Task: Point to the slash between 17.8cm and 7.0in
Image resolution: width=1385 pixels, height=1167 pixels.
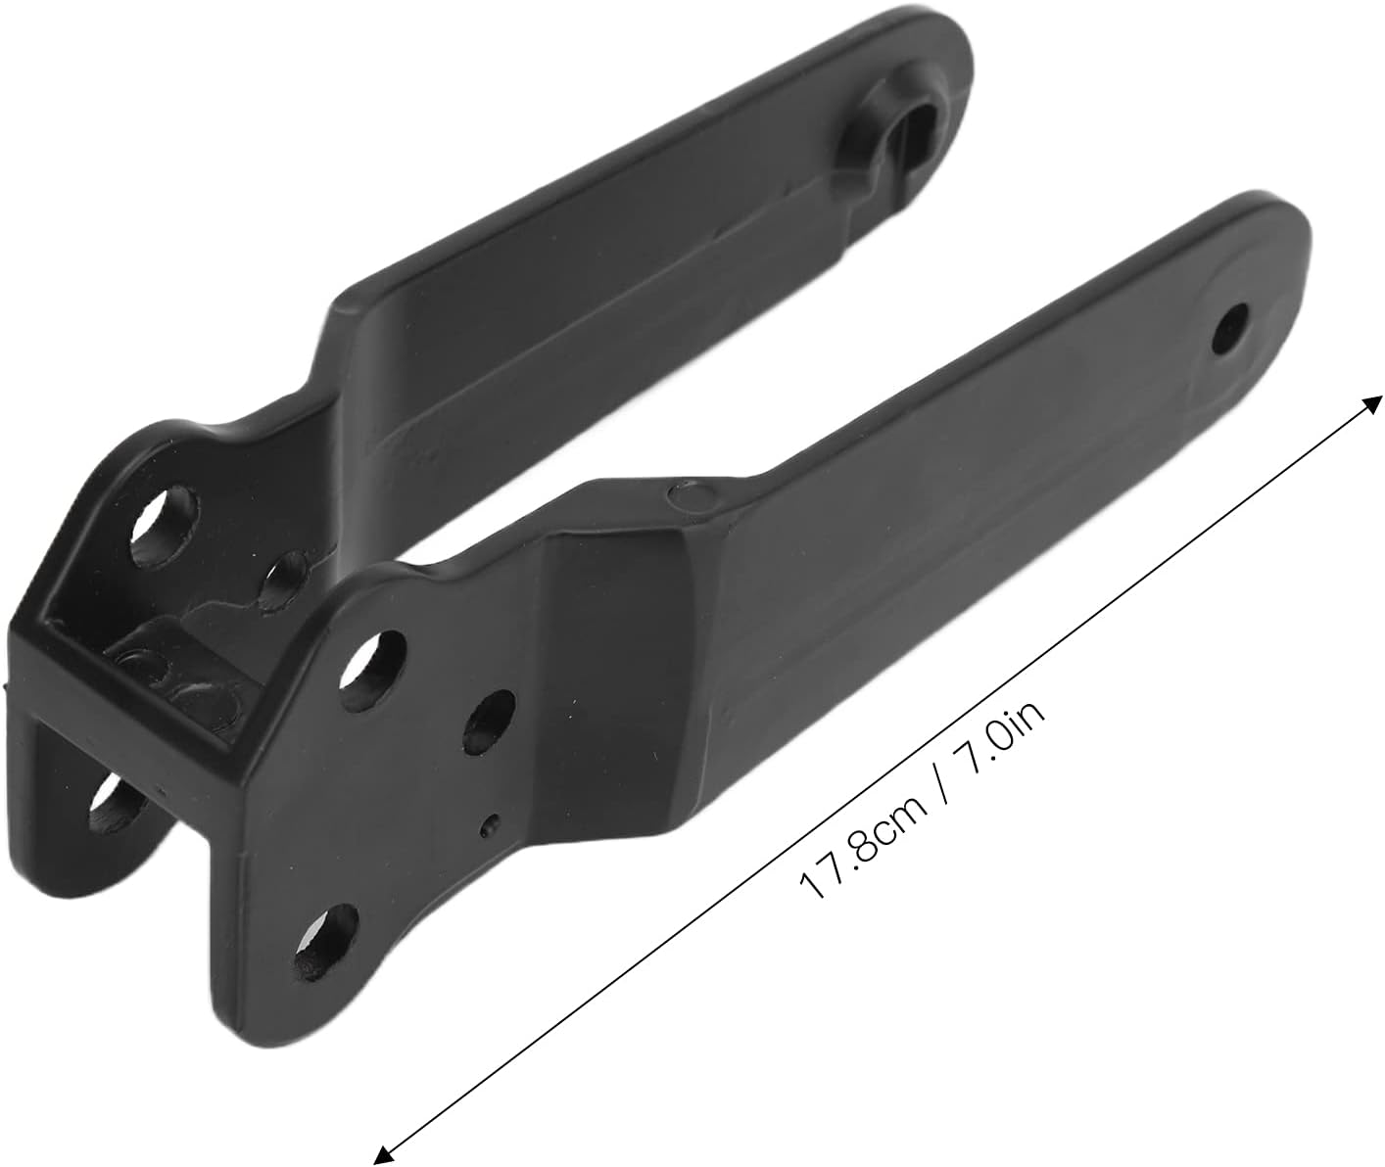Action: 942,780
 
